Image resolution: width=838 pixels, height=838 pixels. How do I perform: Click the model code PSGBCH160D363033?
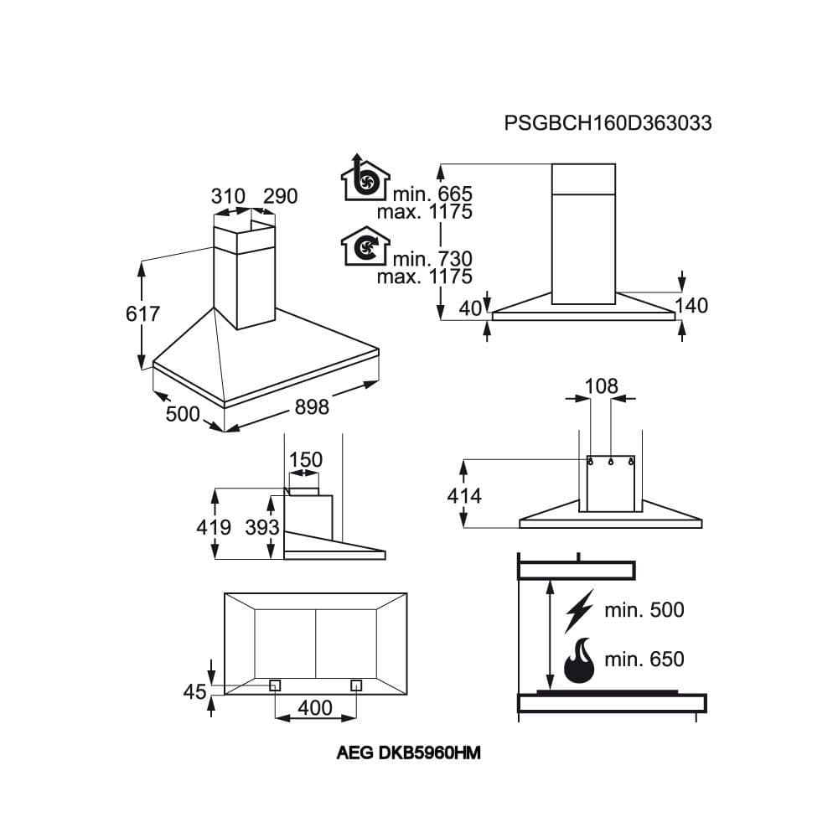608,123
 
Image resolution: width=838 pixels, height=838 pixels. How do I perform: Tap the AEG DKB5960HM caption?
408,753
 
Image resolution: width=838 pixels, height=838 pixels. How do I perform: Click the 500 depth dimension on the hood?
183,414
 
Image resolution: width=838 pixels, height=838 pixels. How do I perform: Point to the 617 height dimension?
142,315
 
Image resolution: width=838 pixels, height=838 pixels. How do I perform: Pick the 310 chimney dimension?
227,197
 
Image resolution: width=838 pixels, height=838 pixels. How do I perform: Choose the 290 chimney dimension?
281,197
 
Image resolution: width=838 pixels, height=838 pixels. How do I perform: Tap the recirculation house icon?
365,246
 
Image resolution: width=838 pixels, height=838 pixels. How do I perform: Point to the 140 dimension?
691,306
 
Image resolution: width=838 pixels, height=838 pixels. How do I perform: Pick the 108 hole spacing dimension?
601,386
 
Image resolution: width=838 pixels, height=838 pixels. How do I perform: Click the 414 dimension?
463,496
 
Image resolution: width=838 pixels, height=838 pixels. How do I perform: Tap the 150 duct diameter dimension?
305,460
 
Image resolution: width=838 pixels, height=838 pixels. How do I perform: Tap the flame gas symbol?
579,660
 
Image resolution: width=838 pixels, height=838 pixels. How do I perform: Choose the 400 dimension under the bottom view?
315,708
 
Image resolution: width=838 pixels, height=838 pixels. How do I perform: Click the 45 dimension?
194,692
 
